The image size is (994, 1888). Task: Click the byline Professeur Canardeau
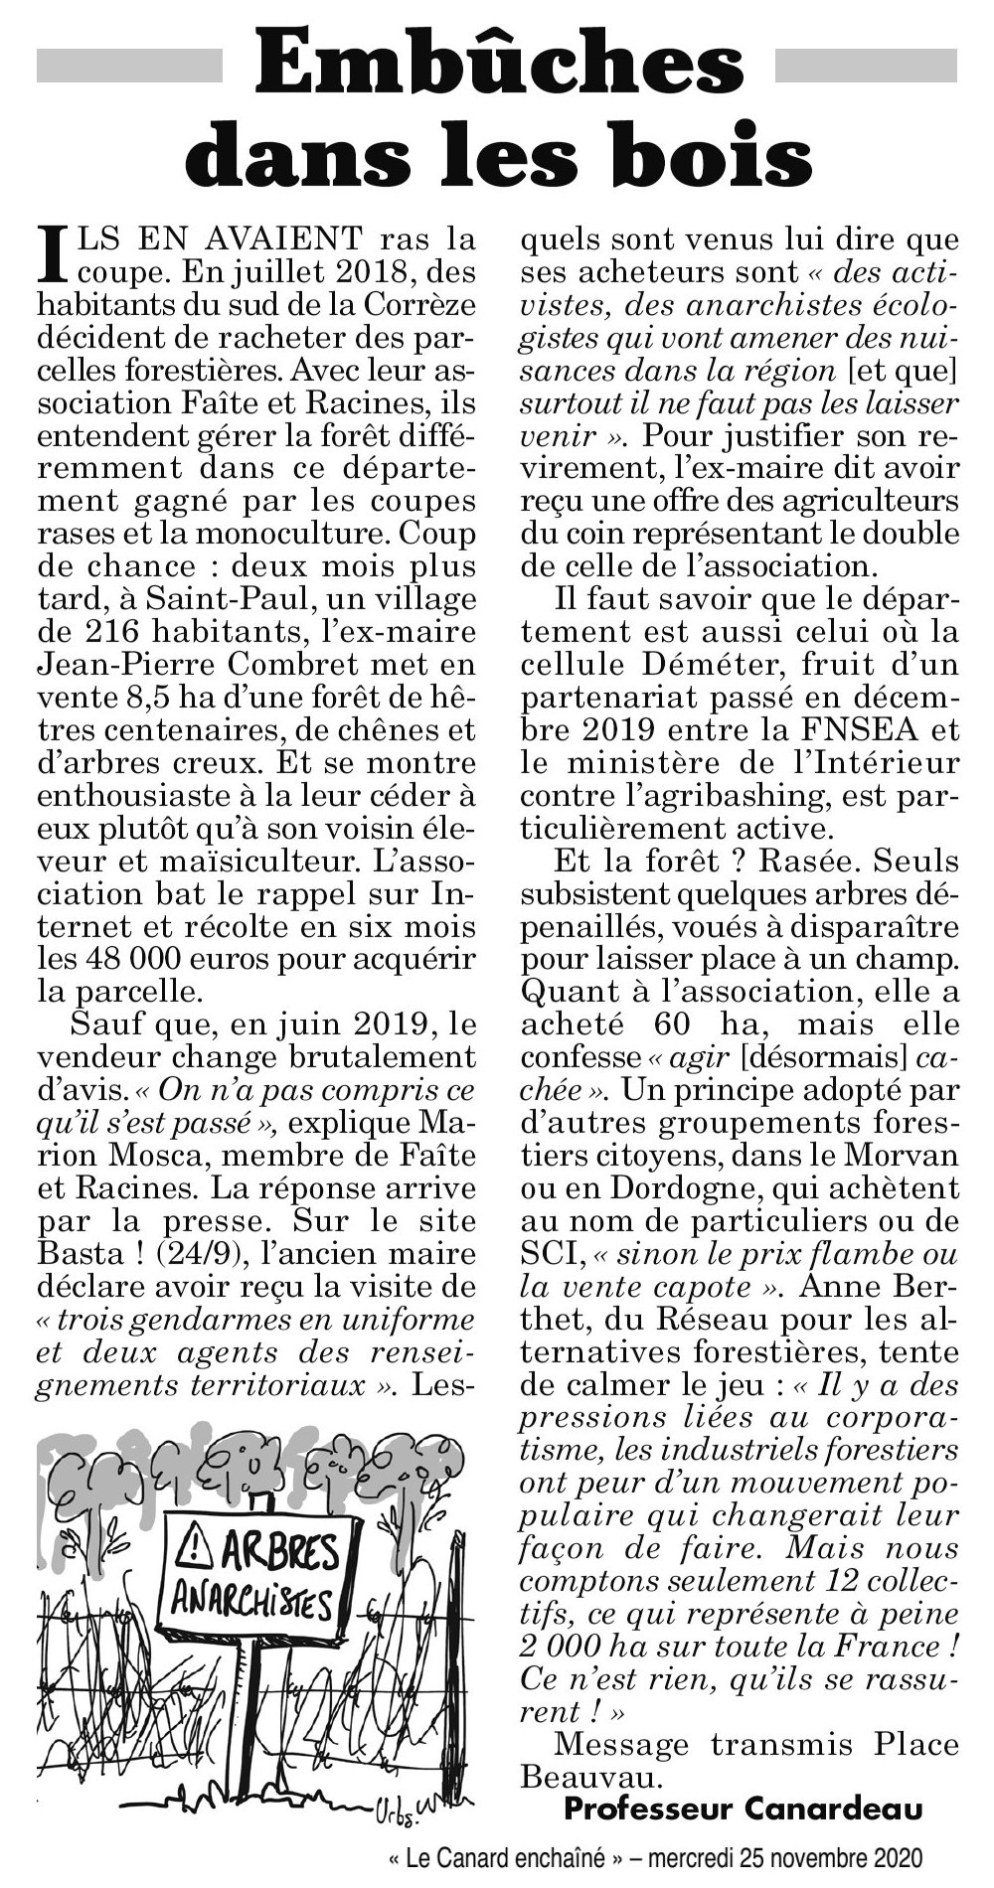coord(741,1808)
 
